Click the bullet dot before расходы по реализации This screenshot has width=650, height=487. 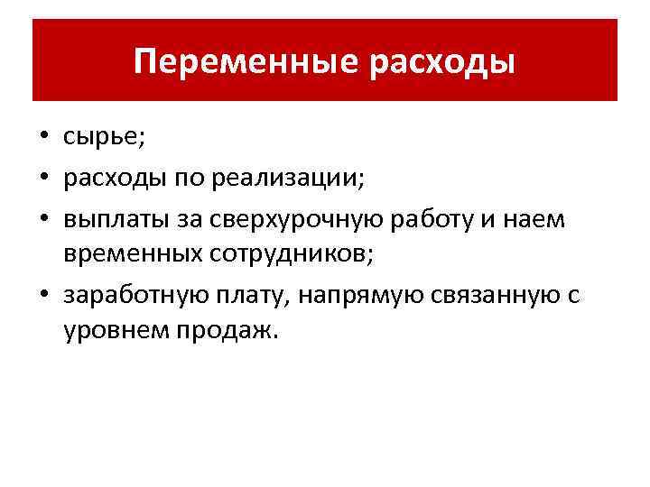tap(44, 179)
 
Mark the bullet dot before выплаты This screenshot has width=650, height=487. tap(44, 217)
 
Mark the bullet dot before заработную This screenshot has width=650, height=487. tap(44, 294)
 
